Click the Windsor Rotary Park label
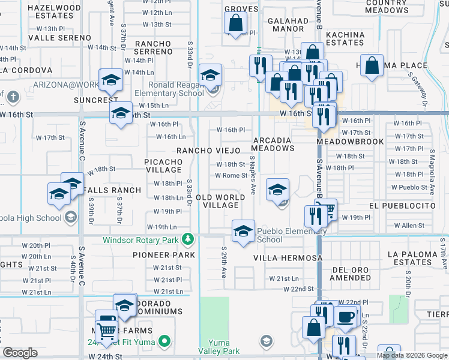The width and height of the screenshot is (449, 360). click(140, 240)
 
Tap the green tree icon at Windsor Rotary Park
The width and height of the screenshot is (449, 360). click(188, 240)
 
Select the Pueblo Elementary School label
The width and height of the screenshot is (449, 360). click(291, 235)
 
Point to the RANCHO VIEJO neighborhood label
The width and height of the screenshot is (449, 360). click(208, 151)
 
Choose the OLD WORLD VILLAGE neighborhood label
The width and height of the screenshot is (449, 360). click(220, 201)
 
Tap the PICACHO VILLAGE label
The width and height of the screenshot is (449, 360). click(163, 166)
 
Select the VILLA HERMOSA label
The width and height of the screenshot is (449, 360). click(288, 258)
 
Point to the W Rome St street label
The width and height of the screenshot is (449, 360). click(231, 176)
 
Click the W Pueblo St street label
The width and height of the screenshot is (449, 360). click(409, 187)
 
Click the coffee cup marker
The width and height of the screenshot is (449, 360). click(345, 317)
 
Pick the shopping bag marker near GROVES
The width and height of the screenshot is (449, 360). click(235, 23)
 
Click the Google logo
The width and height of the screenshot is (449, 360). click(20, 353)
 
